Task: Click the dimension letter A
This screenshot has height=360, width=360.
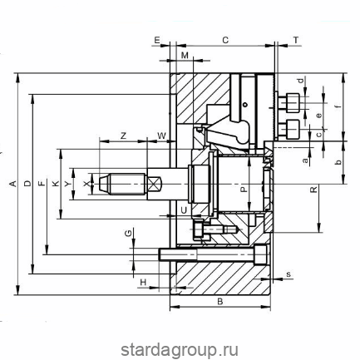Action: coord(12,184)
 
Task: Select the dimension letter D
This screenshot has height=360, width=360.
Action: coord(27,184)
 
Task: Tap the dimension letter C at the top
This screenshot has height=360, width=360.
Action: coord(225,40)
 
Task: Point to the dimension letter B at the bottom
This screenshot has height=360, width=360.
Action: coord(219,302)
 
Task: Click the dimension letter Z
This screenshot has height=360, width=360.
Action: coord(123,136)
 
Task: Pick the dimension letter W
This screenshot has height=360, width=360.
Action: coord(161,136)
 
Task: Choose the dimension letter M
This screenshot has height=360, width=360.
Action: coord(185,56)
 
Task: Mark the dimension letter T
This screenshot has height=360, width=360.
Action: coord(296,40)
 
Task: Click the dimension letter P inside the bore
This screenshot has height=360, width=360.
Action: coord(243,190)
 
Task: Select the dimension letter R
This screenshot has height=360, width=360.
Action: coord(313,190)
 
